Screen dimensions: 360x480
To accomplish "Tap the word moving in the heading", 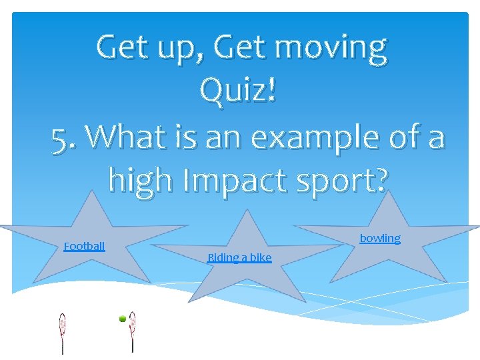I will click(x=331, y=49).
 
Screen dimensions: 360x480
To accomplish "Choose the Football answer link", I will click(x=84, y=246).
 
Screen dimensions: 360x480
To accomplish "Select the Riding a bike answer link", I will click(x=239, y=257).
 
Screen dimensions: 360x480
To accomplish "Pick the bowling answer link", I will click(x=380, y=238).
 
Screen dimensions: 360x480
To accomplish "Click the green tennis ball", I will click(x=123, y=319).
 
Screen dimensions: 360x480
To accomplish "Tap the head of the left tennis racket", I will click(x=63, y=323).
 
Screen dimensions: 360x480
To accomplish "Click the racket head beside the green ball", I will click(x=133, y=321).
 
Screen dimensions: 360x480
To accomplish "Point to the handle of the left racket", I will click(x=63, y=344).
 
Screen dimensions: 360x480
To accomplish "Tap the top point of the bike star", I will click(x=247, y=213).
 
